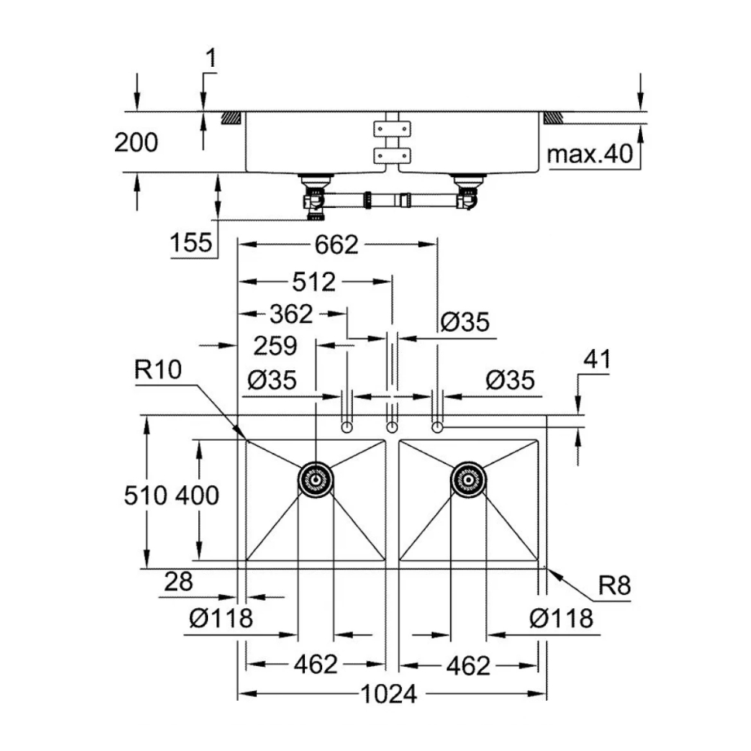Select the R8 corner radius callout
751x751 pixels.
(614, 586)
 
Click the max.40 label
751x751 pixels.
(590, 155)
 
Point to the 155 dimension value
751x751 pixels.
(192, 243)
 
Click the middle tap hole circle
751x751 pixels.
(391, 427)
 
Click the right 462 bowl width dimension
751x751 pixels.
(467, 665)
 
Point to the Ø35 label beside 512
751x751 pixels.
(465, 322)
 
